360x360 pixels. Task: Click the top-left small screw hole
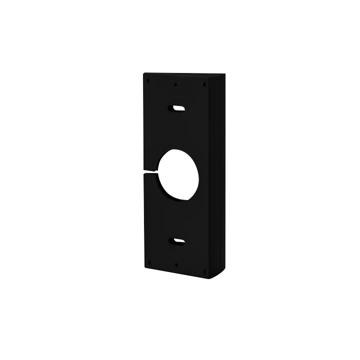148,80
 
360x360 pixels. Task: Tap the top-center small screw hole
175,84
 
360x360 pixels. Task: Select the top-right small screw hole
204,84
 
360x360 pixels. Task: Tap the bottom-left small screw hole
148,262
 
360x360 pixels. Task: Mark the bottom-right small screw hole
204,271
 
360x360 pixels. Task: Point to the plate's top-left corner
144,73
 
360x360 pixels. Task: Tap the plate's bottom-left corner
144,268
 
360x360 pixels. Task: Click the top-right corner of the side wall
224,75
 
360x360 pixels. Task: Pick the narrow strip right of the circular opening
205,175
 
